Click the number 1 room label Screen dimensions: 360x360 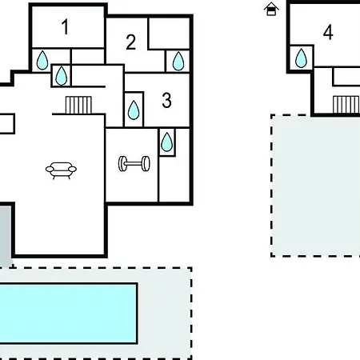[x=66, y=26]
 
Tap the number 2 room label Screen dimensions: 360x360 [x=130, y=42]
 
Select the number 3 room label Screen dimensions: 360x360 [x=166, y=100]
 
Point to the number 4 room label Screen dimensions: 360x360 [x=328, y=32]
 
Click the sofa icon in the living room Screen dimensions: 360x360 [x=61, y=170]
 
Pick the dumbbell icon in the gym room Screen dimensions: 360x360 [x=134, y=163]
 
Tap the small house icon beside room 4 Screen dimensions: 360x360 [x=271, y=9]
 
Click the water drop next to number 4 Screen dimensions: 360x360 [x=301, y=58]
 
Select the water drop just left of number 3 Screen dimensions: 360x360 [x=134, y=110]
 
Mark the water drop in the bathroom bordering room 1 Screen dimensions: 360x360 [x=42, y=60]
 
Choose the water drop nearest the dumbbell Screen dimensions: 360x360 [x=167, y=142]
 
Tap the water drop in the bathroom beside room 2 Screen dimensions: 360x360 [x=178, y=62]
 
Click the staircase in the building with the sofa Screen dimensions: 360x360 [x=78, y=105]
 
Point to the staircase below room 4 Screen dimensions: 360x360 [x=346, y=105]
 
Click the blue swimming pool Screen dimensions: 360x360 [x=68, y=314]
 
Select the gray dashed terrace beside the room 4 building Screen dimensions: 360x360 [x=316, y=186]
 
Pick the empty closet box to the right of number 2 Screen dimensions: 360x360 [x=169, y=34]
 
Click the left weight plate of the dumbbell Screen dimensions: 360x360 [x=122, y=164]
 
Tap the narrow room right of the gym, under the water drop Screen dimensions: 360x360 [x=174, y=178]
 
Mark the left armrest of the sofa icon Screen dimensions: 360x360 [x=49, y=169]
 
